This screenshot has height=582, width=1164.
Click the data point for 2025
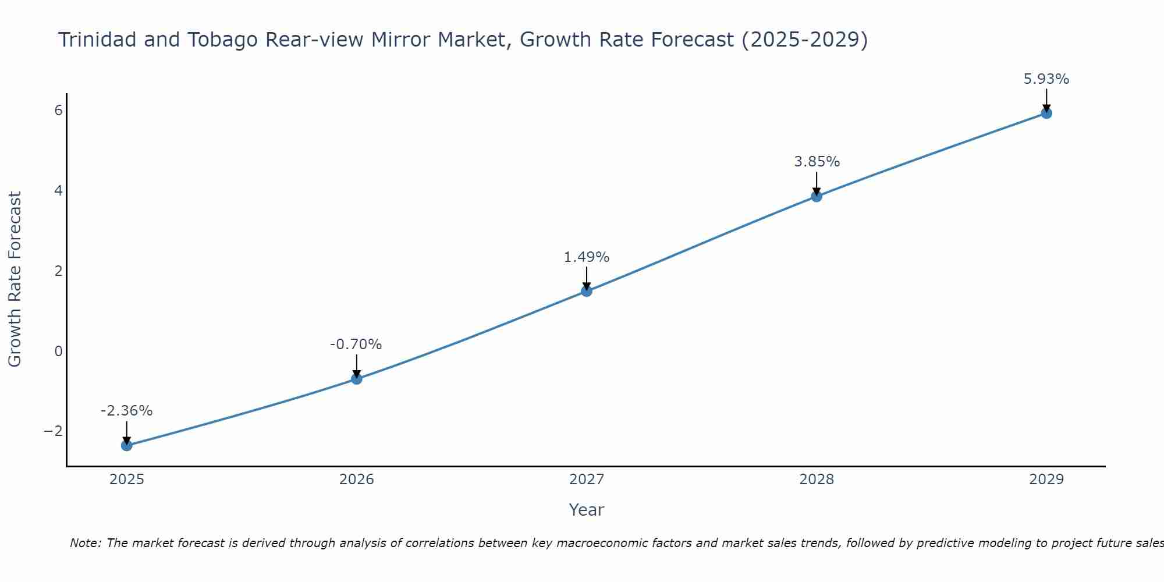click(127, 445)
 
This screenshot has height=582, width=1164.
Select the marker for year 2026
click(357, 379)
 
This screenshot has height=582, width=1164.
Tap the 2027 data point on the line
click(587, 291)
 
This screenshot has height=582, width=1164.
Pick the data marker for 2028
click(817, 196)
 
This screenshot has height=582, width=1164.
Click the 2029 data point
click(1046, 113)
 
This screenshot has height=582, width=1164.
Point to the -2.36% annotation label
click(126, 411)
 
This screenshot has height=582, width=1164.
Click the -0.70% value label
click(356, 345)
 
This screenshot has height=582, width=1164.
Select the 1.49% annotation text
click(586, 257)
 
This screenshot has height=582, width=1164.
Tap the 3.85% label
click(817, 162)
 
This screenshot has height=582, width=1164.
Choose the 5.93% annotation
click(1046, 79)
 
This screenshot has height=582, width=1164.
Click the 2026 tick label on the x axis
click(357, 480)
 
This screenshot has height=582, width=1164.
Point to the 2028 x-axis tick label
click(817, 480)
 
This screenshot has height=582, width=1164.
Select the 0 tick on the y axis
click(58, 351)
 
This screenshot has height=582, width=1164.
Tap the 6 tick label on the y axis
click(58, 111)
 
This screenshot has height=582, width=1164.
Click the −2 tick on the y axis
click(54, 431)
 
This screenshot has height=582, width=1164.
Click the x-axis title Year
click(586, 510)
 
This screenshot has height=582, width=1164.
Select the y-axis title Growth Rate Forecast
click(15, 279)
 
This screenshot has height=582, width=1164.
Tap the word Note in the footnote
click(86, 543)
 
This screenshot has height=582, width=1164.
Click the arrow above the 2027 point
click(587, 278)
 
